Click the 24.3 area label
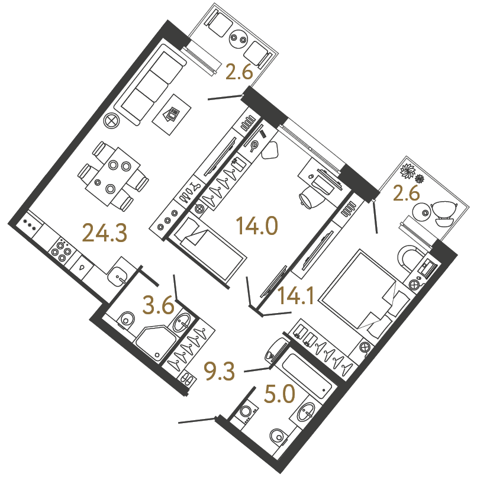(x=104, y=233)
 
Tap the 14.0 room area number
(x=257, y=225)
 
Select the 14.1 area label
(x=296, y=295)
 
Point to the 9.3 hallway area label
(x=220, y=371)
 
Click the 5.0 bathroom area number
(x=279, y=394)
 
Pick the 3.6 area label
(x=159, y=305)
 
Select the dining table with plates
(x=113, y=176)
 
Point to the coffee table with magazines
(x=172, y=115)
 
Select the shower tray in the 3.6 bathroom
(x=155, y=344)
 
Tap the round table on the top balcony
(x=238, y=38)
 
